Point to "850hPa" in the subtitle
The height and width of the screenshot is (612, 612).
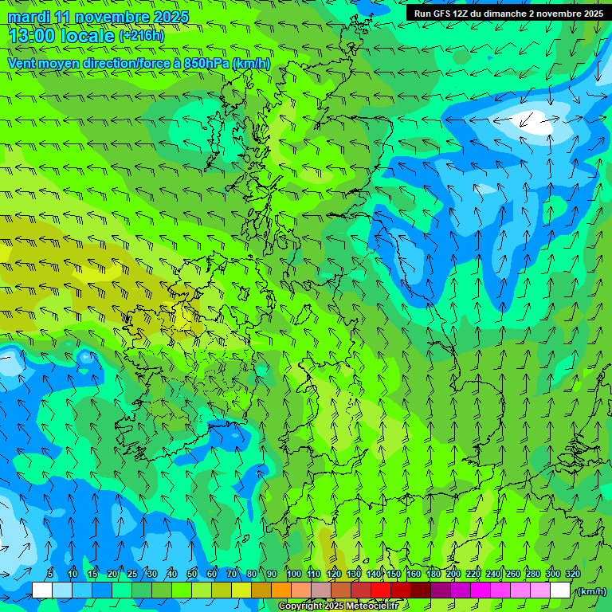207,63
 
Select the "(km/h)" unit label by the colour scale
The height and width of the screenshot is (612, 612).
590,591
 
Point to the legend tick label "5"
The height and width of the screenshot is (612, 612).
50,574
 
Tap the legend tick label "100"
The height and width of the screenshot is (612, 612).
293,574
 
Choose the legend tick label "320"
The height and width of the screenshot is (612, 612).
572,574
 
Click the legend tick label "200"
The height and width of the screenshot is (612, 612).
453,574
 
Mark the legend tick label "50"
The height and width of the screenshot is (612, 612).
192,574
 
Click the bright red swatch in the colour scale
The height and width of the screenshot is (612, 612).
380,590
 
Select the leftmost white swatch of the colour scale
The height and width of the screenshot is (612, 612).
41,590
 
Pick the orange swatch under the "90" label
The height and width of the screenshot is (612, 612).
280,590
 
